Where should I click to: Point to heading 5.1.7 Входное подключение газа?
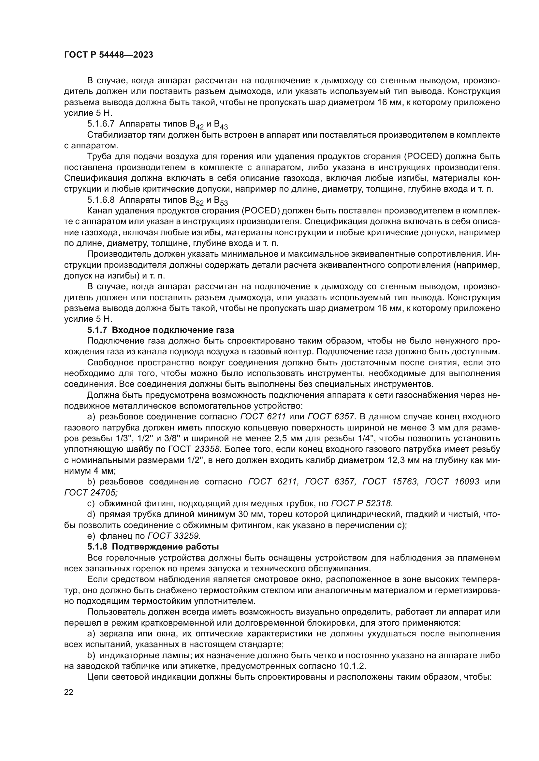click(x=161, y=330)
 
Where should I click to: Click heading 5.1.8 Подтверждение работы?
click(x=153, y=547)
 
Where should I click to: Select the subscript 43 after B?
click(x=224, y=127)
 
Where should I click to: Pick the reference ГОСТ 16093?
click(x=452, y=482)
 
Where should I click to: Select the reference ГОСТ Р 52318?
click(x=362, y=503)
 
